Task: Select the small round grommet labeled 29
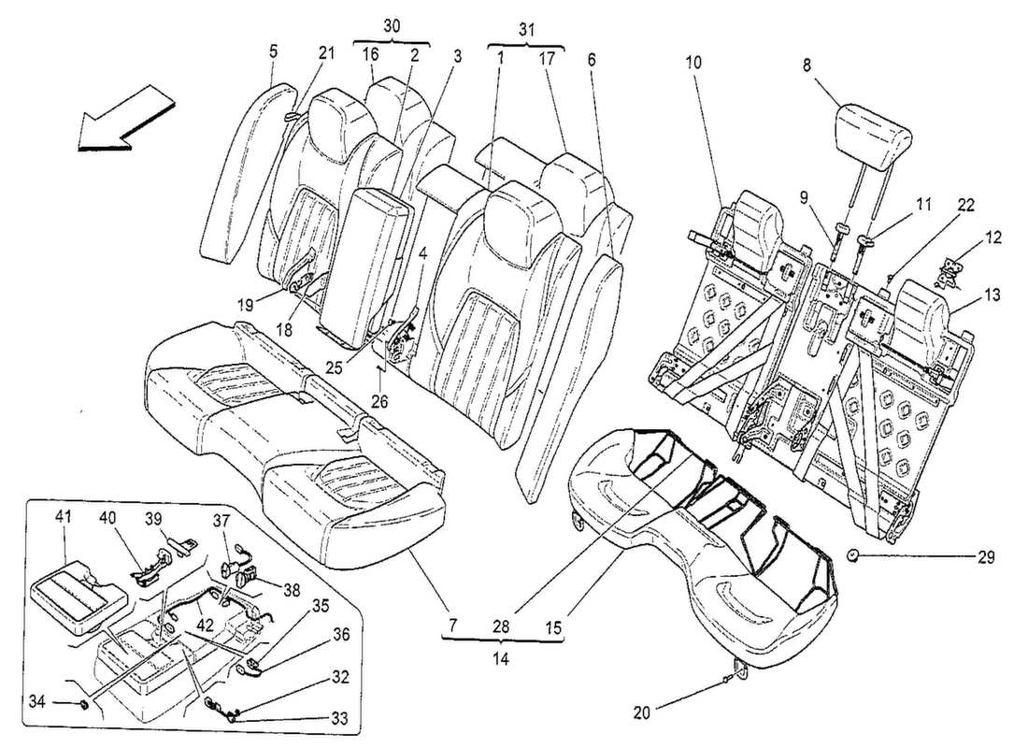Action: pyautogui.click(x=854, y=556)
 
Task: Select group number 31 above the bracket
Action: pyautogui.click(x=527, y=28)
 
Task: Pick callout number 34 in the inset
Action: pyautogui.click(x=61, y=700)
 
